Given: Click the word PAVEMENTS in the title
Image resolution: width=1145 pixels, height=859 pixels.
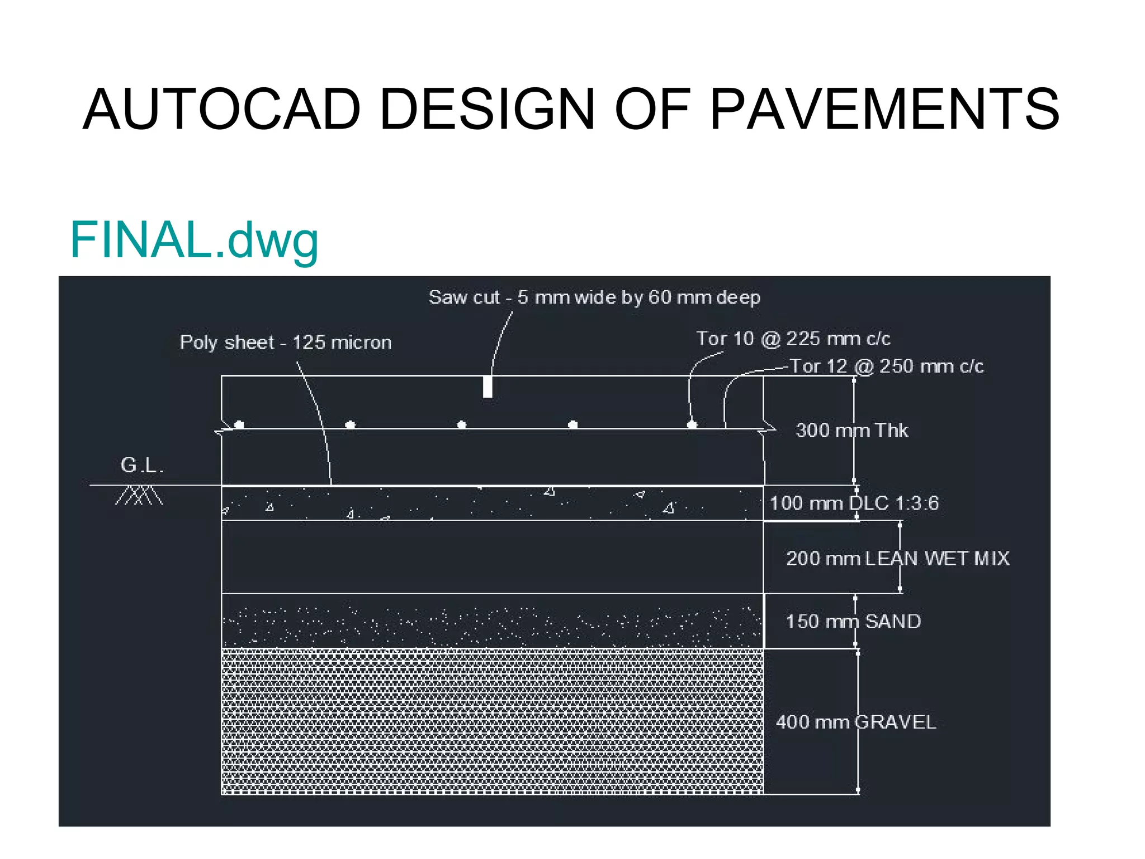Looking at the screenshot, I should [884, 110].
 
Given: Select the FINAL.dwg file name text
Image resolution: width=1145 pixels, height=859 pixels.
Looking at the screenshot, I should [194, 240].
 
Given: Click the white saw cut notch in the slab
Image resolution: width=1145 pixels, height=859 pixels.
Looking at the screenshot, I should [488, 386].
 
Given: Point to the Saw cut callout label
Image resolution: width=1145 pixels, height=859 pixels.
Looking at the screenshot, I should [594, 297].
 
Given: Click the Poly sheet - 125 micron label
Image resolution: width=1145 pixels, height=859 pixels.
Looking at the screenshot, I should [286, 342].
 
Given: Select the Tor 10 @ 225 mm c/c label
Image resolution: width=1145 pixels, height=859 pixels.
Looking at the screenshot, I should [793, 338].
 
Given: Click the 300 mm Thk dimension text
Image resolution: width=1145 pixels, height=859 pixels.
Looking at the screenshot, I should [851, 430].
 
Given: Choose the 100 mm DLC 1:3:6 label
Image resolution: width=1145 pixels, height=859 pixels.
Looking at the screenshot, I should [854, 503].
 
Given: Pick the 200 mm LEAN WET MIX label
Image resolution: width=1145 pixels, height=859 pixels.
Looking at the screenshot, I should [897, 558].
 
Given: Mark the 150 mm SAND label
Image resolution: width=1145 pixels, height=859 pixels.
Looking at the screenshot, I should [853, 621].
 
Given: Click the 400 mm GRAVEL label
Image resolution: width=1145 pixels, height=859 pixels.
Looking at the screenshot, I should [855, 722].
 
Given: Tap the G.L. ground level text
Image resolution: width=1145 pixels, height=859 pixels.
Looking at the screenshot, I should [142, 465].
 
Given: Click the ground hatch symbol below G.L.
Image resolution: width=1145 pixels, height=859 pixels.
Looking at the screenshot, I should [139, 495].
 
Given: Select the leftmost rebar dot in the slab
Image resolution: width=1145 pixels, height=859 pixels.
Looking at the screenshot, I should [239, 424].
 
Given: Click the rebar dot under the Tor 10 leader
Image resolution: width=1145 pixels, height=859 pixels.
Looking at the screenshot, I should [692, 424].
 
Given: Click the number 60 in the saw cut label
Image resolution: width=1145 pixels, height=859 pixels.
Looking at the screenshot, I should [660, 297].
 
